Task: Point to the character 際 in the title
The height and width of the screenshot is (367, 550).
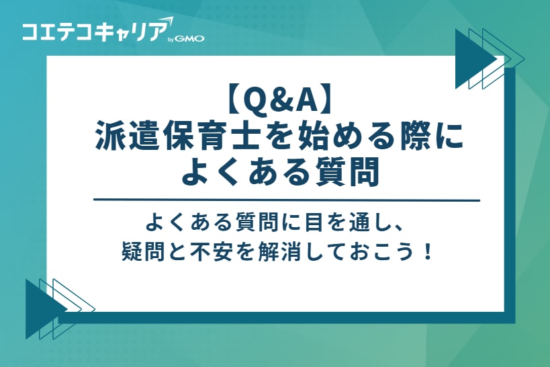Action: [x=420, y=136]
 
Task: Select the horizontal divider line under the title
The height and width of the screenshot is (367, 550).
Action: [x=287, y=200]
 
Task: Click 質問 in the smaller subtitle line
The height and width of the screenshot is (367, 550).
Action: [x=261, y=221]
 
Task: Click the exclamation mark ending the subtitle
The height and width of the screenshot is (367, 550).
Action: [x=429, y=253]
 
